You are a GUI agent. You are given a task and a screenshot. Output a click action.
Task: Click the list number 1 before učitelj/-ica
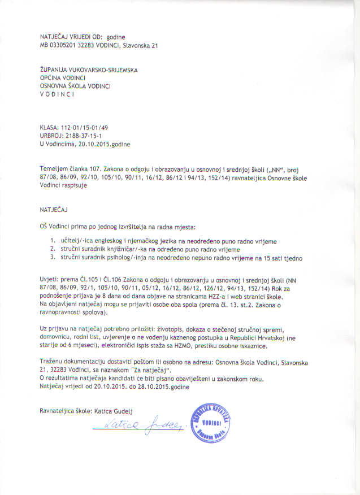coord(52,241)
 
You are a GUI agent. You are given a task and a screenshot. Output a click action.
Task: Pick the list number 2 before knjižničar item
coord(52,249)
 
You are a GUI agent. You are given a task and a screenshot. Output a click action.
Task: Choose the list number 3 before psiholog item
coord(52,258)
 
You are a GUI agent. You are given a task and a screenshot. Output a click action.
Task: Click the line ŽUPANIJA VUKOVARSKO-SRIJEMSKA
coord(89,70)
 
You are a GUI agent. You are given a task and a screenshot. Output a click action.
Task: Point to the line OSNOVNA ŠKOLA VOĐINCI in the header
coord(75,86)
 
